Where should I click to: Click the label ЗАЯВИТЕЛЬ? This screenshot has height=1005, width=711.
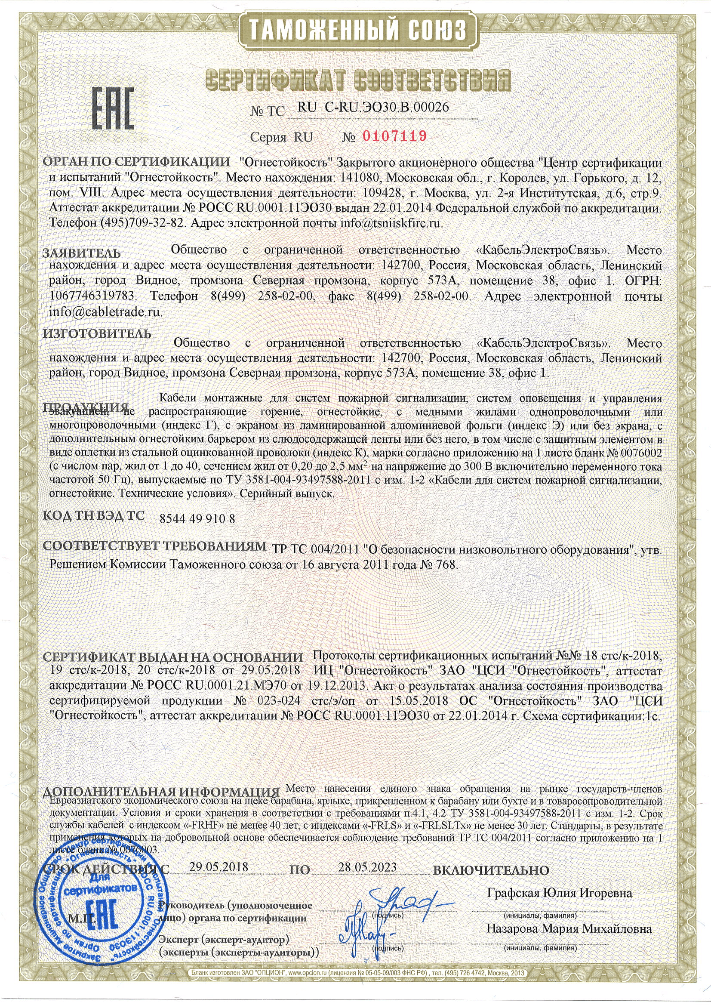click(82, 253)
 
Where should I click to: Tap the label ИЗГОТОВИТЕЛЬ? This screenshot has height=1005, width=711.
click(97, 333)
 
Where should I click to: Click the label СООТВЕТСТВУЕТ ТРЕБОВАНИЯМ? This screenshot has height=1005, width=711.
click(156, 546)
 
